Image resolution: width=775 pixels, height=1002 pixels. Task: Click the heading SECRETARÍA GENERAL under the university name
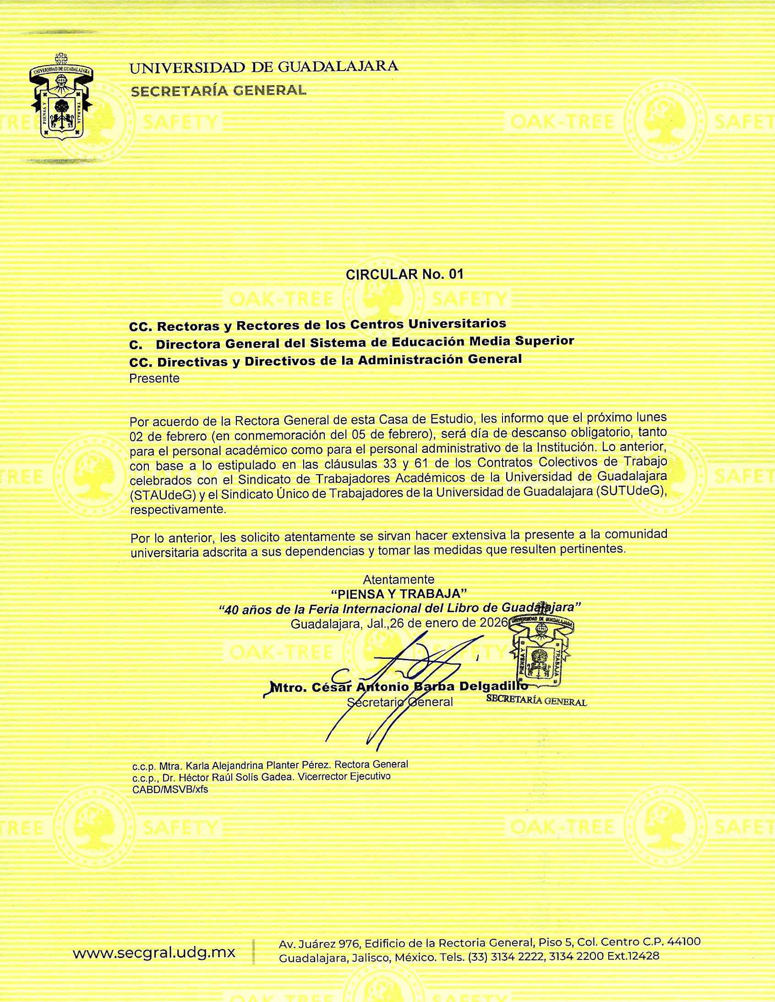pyautogui.click(x=219, y=90)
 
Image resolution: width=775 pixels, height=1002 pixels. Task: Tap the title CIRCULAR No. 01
pyautogui.click(x=404, y=274)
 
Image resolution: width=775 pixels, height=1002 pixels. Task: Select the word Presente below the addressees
pyautogui.click(x=154, y=378)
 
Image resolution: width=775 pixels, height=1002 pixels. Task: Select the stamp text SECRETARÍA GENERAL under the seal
pyautogui.click(x=536, y=701)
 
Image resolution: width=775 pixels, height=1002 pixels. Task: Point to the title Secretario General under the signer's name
pyautogui.click(x=399, y=702)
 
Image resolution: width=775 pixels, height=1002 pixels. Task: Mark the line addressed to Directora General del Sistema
pyautogui.click(x=351, y=342)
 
